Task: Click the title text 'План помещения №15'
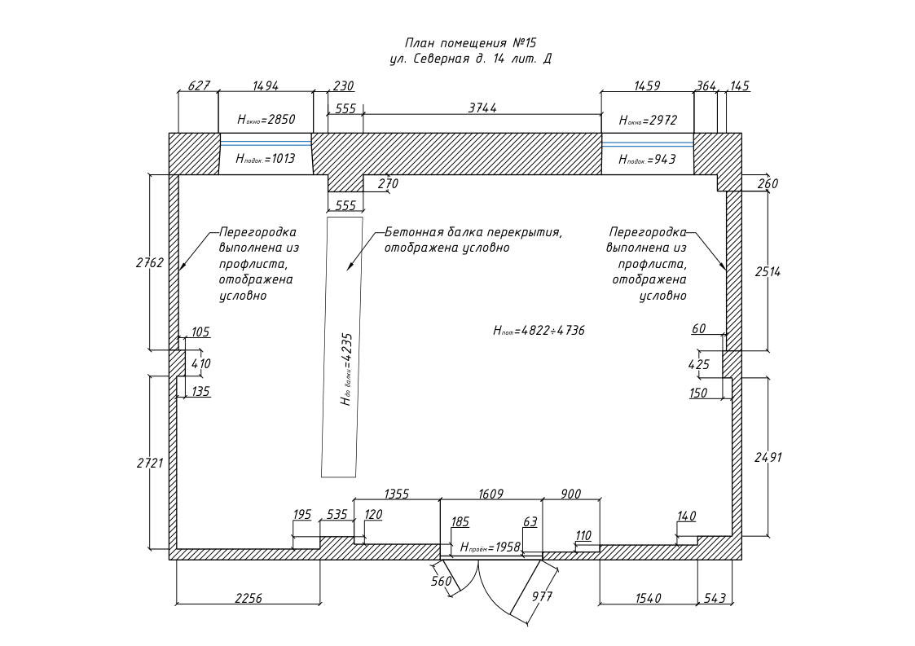[471, 43]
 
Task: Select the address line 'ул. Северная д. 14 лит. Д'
[471, 59]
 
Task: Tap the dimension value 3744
[482, 108]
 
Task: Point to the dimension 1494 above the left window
[266, 86]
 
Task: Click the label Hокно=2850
[266, 119]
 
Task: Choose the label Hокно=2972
[648, 120]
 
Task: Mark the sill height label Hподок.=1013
[266, 159]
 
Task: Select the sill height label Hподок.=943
[648, 159]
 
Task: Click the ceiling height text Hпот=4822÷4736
[539, 331]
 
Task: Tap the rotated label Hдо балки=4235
[345, 369]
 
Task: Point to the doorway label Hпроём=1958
[490, 547]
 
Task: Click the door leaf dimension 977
[542, 596]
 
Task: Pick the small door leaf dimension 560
[441, 581]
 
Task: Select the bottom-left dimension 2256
[249, 598]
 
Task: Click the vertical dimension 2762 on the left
[150, 262]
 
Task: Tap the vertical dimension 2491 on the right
[768, 457]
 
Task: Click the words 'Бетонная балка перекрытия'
[473, 232]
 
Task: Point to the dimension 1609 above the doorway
[490, 494]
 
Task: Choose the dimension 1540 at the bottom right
[648, 598]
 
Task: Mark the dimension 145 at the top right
[740, 86]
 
